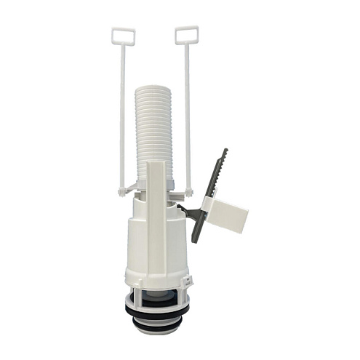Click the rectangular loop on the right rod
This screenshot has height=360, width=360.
(x=187, y=34)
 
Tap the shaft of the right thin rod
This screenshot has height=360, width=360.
(x=187, y=116)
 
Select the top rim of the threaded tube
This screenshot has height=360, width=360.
(x=154, y=88)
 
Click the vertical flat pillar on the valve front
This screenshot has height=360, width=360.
(x=156, y=218)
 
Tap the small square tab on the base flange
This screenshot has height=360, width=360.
(x=188, y=279)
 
